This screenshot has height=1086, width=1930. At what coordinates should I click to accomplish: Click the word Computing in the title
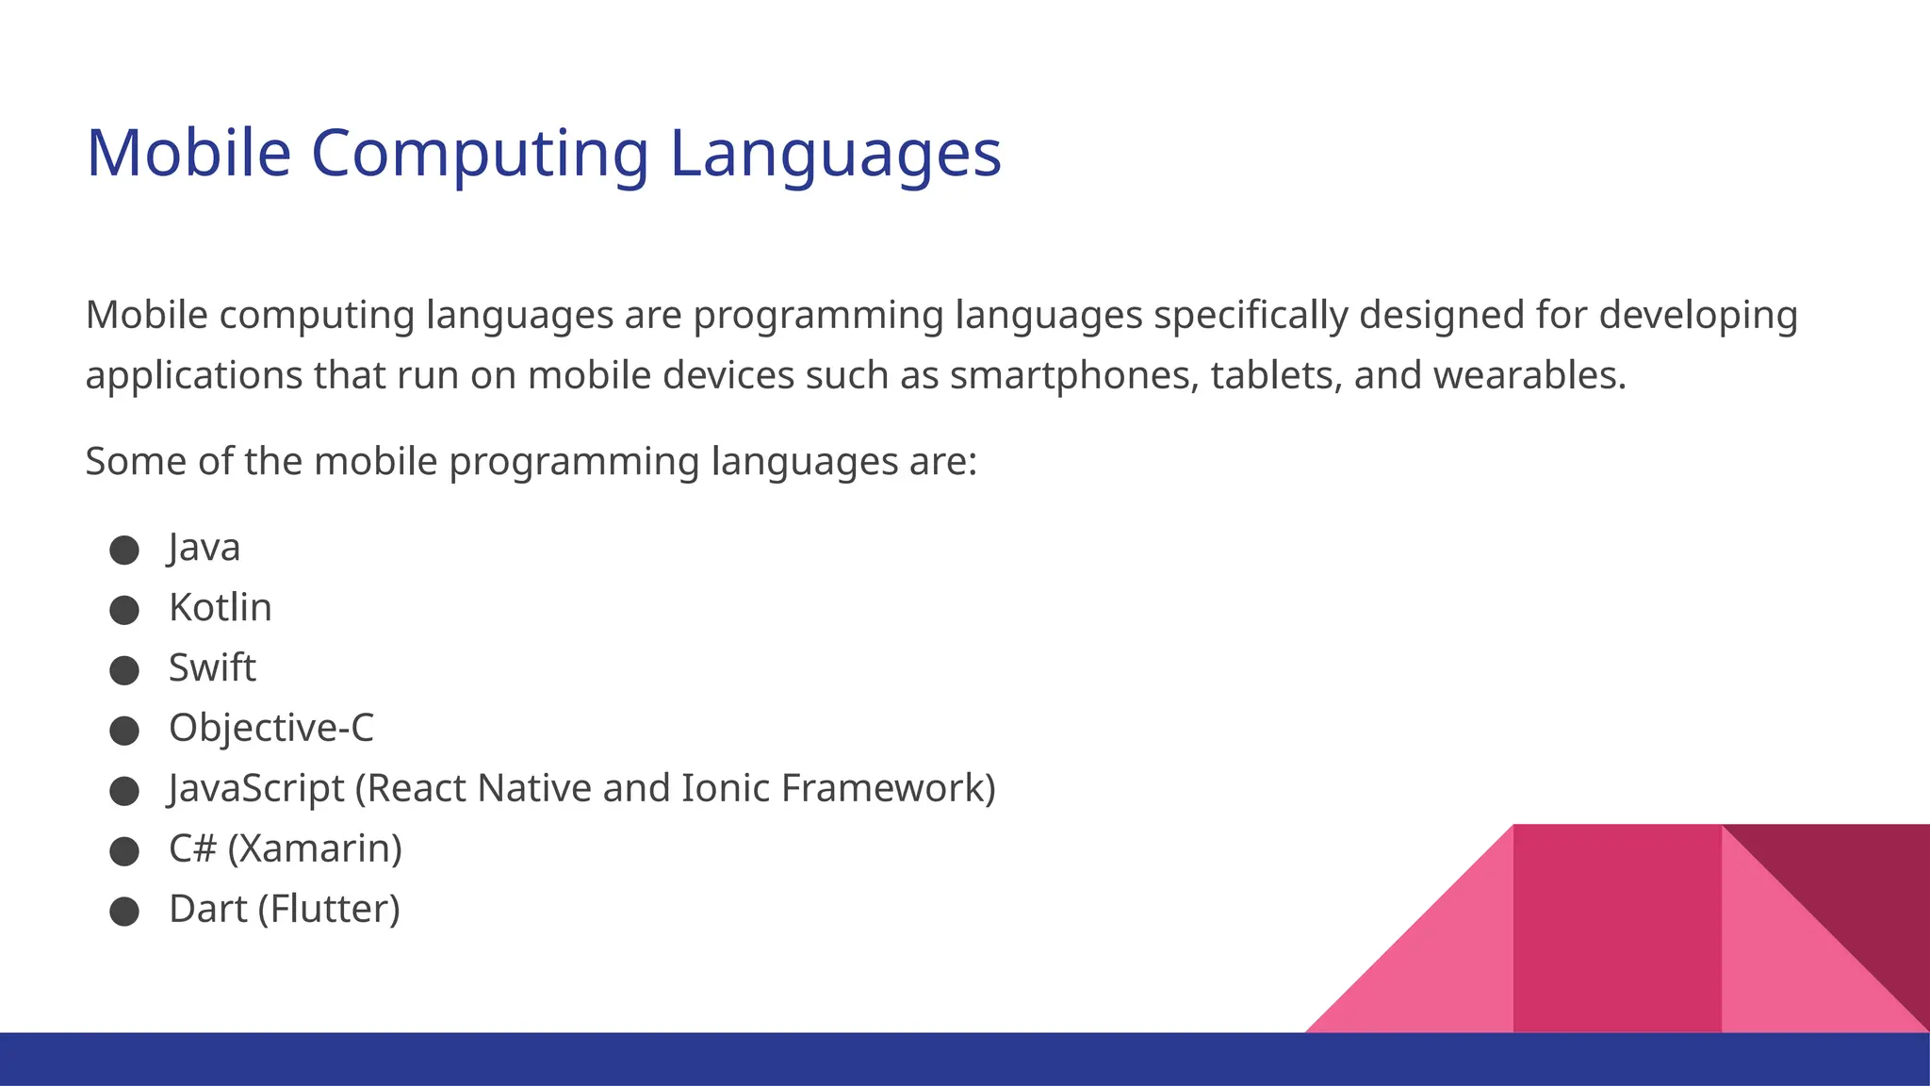(480, 154)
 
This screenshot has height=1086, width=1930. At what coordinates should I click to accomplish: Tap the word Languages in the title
(835, 154)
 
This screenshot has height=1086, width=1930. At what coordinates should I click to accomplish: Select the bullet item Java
(204, 548)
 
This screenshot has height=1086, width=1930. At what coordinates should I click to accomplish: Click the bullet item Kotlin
(220, 608)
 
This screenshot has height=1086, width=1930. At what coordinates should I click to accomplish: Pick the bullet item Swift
(212, 668)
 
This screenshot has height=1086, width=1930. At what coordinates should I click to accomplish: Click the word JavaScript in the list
(256, 789)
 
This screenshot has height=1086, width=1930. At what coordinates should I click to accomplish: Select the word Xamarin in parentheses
(315, 849)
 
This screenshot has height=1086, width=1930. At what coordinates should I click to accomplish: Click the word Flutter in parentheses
(329, 910)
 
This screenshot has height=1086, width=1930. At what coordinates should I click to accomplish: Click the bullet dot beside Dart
(124, 912)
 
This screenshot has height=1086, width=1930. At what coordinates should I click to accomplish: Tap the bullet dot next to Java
(124, 550)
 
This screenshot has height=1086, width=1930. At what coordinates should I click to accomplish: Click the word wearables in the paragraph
(1529, 376)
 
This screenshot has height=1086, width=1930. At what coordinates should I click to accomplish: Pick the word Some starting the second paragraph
(134, 462)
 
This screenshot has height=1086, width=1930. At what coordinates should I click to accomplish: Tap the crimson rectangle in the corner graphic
(1617, 929)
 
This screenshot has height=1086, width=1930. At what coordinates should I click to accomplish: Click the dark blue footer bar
(660, 1059)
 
